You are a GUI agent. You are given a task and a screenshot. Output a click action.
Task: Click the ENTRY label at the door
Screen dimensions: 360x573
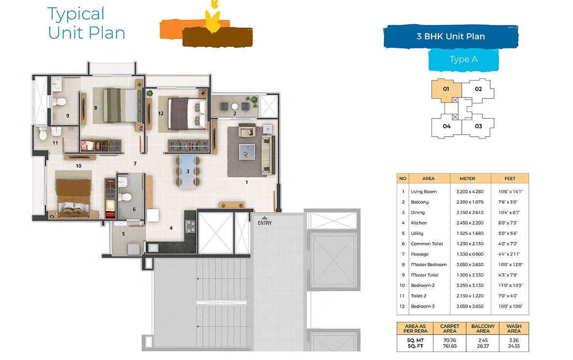[264, 223]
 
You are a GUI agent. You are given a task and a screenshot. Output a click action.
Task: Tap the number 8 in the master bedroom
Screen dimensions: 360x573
[95, 107]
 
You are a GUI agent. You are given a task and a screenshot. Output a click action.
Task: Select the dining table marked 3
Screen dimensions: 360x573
[188, 171]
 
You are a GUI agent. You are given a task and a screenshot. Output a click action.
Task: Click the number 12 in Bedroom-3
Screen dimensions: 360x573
[160, 113]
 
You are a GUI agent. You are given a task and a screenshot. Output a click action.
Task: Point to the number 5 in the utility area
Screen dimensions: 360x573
[123, 234]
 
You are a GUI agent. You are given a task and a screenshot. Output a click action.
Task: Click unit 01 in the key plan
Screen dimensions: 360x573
[446, 89]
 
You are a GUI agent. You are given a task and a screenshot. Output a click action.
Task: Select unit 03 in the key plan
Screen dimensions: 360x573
[478, 126]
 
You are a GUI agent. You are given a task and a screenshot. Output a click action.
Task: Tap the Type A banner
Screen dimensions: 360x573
[463, 59]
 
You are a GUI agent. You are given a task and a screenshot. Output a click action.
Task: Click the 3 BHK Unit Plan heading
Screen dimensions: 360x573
[450, 36]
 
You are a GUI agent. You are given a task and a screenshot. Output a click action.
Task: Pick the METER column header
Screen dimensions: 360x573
[467, 178]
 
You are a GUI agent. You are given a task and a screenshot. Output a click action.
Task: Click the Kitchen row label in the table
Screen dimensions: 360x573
[419, 223]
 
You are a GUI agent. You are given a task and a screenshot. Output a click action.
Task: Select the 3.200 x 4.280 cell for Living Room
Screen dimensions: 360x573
[467, 192]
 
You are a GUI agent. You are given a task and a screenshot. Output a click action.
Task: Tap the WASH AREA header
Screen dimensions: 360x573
[514, 329]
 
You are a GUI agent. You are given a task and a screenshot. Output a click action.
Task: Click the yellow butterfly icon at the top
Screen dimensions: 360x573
[212, 18]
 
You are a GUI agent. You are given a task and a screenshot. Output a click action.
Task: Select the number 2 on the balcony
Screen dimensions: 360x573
[235, 113]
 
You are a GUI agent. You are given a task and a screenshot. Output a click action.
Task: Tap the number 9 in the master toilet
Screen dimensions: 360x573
[68, 116]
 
